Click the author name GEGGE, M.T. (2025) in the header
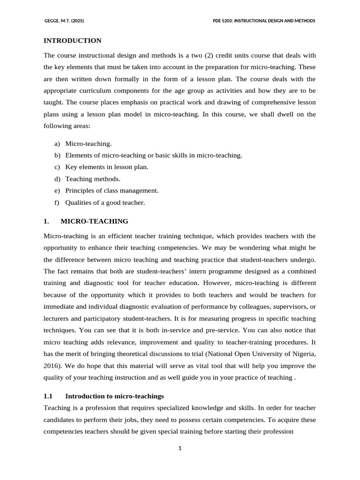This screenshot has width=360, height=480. (64, 21)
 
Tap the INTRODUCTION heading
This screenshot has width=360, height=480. (72, 41)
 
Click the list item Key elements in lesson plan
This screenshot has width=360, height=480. (106, 167)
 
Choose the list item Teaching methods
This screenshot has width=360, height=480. (93, 179)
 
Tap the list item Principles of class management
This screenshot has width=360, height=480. (112, 190)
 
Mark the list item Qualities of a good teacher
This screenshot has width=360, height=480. (105, 202)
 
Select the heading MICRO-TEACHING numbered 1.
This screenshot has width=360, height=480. (94, 221)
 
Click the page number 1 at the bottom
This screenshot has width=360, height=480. (180, 449)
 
